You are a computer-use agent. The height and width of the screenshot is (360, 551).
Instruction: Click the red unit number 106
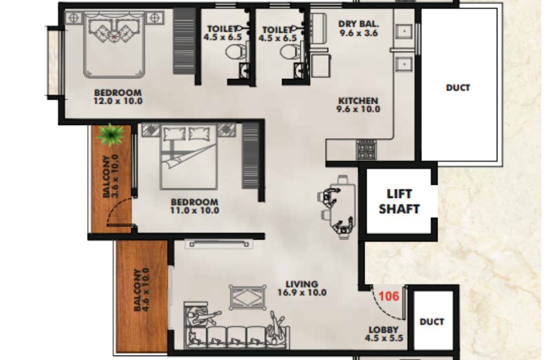tap(389, 296)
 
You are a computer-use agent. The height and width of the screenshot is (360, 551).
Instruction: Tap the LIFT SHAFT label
tap(399, 202)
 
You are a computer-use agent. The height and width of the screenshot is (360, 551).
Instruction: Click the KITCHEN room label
tap(358, 101)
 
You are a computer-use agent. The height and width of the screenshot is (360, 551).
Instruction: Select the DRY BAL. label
tap(359, 24)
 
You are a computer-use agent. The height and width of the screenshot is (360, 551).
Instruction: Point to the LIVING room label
tap(302, 284)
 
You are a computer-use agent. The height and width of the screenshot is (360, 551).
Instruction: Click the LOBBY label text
tap(383, 330)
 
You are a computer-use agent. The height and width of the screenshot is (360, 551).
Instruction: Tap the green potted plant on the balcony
tap(111, 135)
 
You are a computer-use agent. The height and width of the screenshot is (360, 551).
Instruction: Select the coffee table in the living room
tap(248, 297)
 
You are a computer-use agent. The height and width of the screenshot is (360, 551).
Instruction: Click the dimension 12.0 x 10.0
tap(118, 101)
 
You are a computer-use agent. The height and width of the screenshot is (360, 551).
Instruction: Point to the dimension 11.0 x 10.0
tap(195, 211)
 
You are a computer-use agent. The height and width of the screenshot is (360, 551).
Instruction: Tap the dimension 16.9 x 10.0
tap(302, 293)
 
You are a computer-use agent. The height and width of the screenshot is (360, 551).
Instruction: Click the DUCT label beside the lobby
tap(432, 321)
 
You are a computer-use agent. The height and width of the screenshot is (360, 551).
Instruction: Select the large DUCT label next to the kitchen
tap(458, 88)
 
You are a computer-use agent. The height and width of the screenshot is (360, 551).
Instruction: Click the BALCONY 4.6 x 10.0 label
tap(142, 290)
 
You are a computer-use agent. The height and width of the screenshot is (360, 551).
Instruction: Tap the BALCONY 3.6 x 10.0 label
tap(111, 176)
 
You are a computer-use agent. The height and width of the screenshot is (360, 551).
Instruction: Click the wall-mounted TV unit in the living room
tap(219, 244)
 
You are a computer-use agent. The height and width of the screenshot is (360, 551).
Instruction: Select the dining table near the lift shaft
tap(343, 207)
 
